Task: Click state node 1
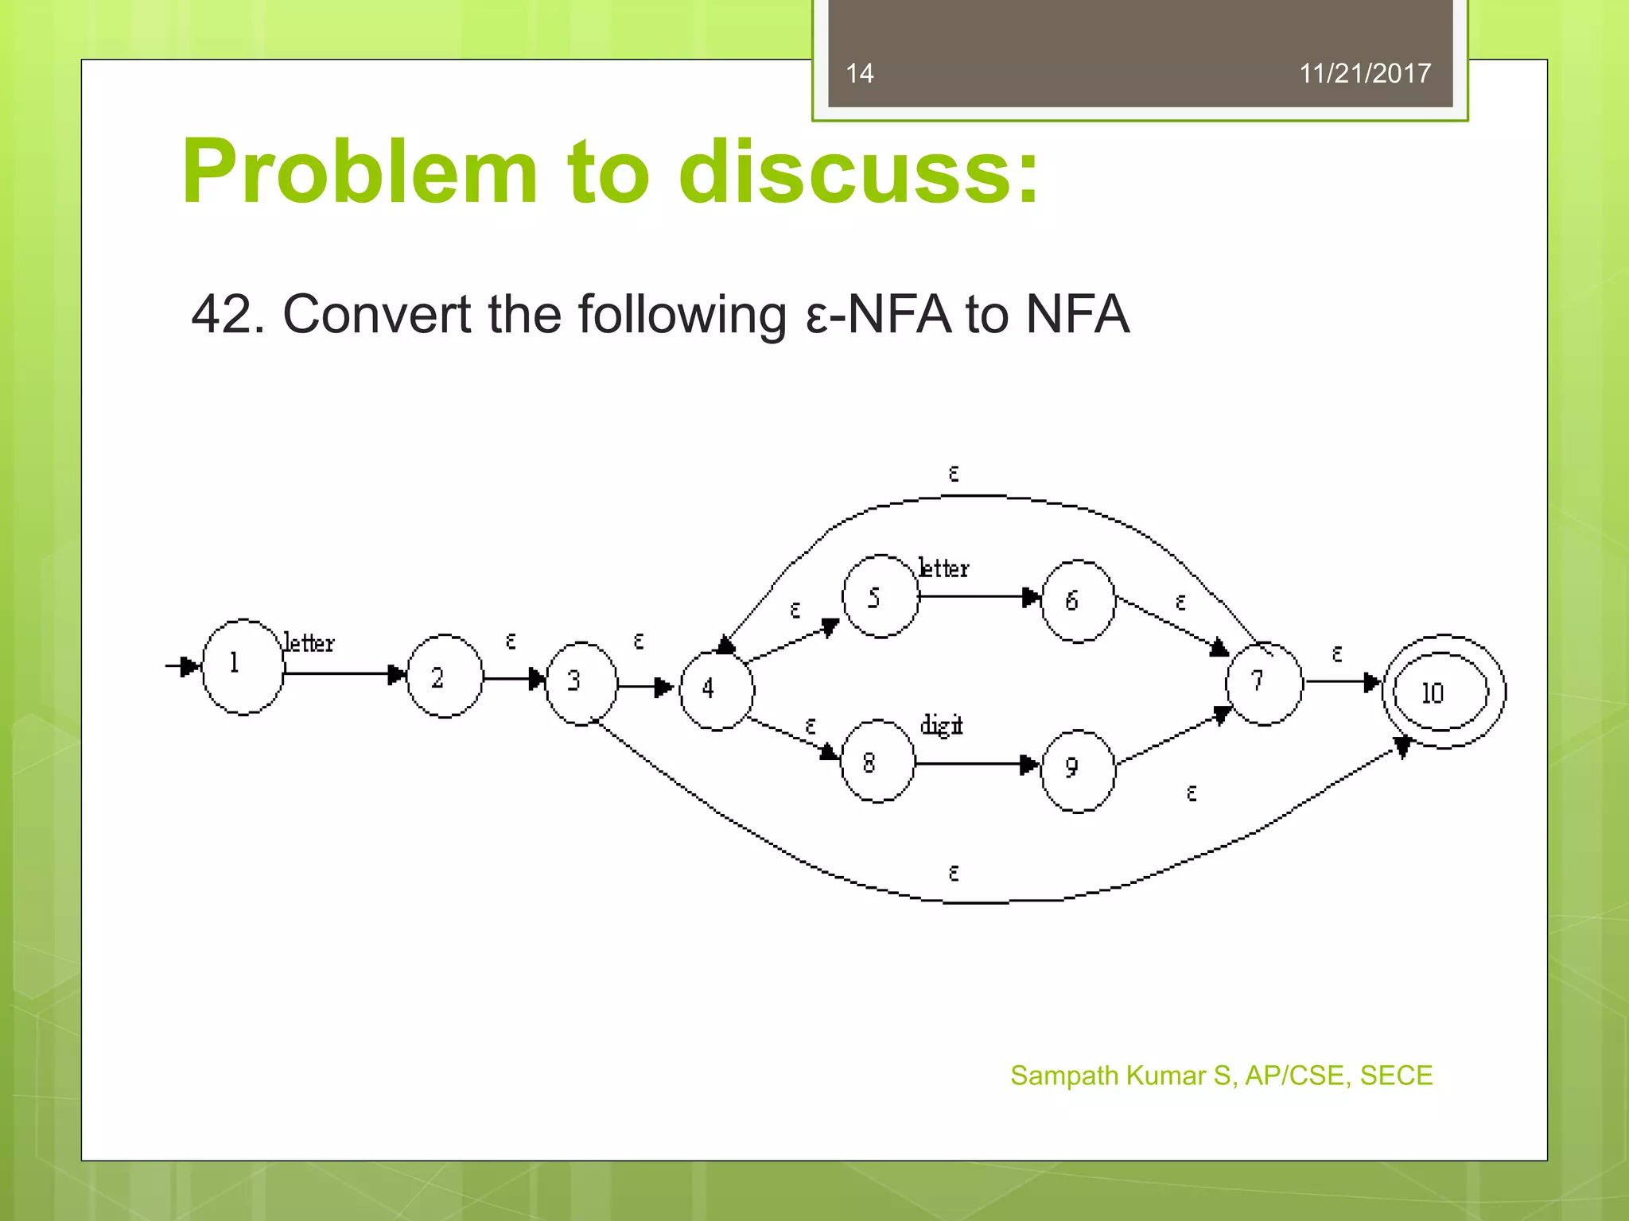click(x=243, y=666)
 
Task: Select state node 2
click(x=444, y=676)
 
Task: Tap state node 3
click(x=581, y=683)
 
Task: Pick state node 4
click(x=716, y=690)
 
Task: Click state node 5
click(x=880, y=596)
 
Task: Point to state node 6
click(x=1077, y=601)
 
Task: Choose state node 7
click(x=1263, y=683)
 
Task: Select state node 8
click(x=877, y=762)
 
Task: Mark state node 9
click(x=1077, y=769)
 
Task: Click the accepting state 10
click(x=1443, y=692)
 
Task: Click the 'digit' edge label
click(x=941, y=725)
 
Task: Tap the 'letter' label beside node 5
click(x=943, y=568)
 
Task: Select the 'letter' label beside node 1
click(x=309, y=642)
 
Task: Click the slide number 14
click(x=859, y=73)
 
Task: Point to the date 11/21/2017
click(x=1364, y=73)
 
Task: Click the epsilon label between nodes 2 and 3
click(x=511, y=641)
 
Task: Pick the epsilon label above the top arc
click(x=954, y=474)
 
